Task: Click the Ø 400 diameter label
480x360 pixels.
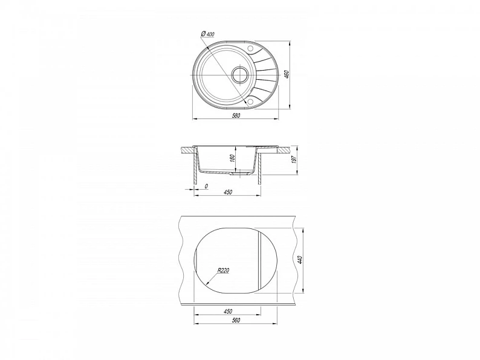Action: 207,34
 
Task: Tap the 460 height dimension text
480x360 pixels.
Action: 287,75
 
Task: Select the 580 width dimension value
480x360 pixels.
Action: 236,115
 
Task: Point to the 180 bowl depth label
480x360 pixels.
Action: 232,158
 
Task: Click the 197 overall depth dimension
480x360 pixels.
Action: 294,159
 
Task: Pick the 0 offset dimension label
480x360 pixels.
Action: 206,186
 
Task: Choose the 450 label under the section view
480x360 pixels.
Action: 228,192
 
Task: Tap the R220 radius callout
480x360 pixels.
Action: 223,271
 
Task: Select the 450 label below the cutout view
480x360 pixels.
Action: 227,312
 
